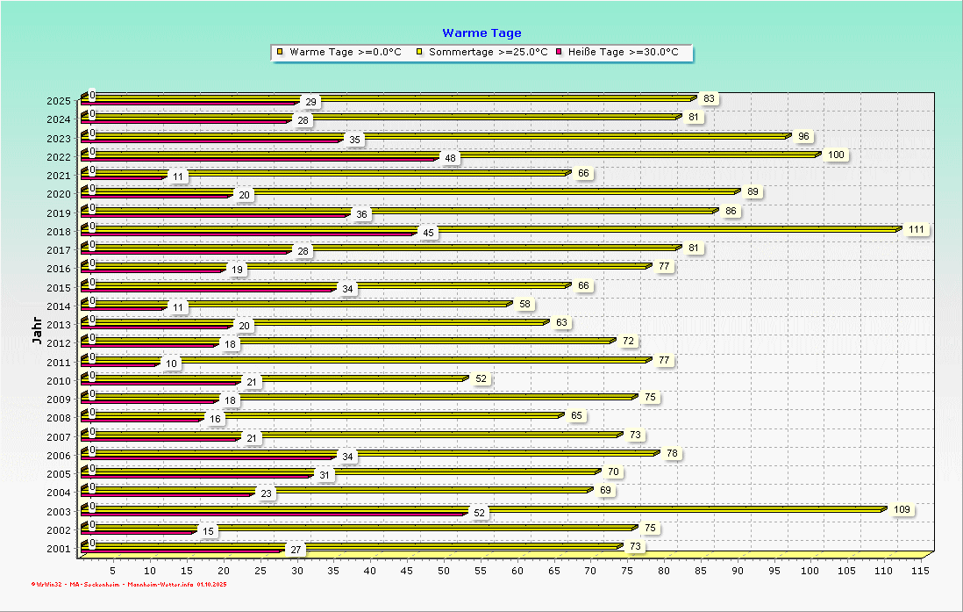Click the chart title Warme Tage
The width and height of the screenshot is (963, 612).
pyautogui.click(x=481, y=33)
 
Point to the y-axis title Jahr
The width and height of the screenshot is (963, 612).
pyautogui.click(x=37, y=331)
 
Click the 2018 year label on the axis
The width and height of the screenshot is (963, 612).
pyautogui.click(x=59, y=232)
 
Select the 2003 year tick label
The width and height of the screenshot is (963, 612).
pyautogui.click(x=59, y=511)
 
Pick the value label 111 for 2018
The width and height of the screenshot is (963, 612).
pyautogui.click(x=917, y=229)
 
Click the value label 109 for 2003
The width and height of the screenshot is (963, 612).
pyautogui.click(x=902, y=509)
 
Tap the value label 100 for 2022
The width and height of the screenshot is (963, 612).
pyautogui.click(x=836, y=155)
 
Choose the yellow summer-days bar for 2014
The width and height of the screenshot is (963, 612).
pyautogui.click(x=298, y=304)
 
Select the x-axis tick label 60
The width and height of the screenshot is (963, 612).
pyautogui.click(x=517, y=571)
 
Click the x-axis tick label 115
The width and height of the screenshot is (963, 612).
pyautogui.click(x=920, y=571)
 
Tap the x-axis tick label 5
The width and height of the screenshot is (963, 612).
pyautogui.click(x=113, y=571)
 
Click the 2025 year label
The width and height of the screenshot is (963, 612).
pyautogui.click(x=59, y=101)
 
